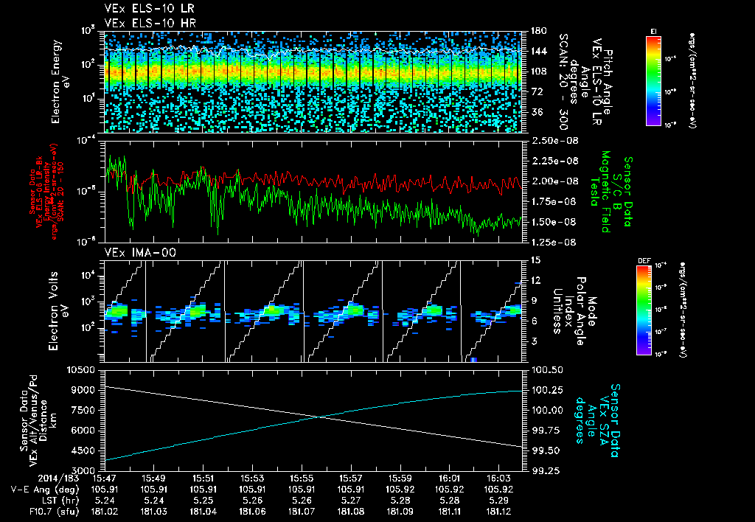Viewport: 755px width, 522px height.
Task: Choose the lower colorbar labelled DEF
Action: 644,310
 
